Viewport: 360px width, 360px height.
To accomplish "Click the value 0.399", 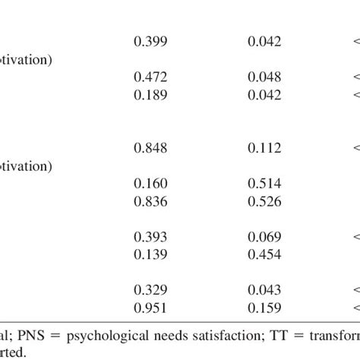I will point(150,42).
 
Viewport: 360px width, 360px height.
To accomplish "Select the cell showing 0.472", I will point(150,77).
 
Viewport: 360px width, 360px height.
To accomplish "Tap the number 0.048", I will point(264,77).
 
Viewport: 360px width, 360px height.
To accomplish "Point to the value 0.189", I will point(150,94).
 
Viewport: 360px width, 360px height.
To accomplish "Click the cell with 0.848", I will point(150,148).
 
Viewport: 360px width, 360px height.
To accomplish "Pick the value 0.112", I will point(264,148).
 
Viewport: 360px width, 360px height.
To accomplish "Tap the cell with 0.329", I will point(150,291).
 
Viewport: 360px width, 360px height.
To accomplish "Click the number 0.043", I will point(264,291).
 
